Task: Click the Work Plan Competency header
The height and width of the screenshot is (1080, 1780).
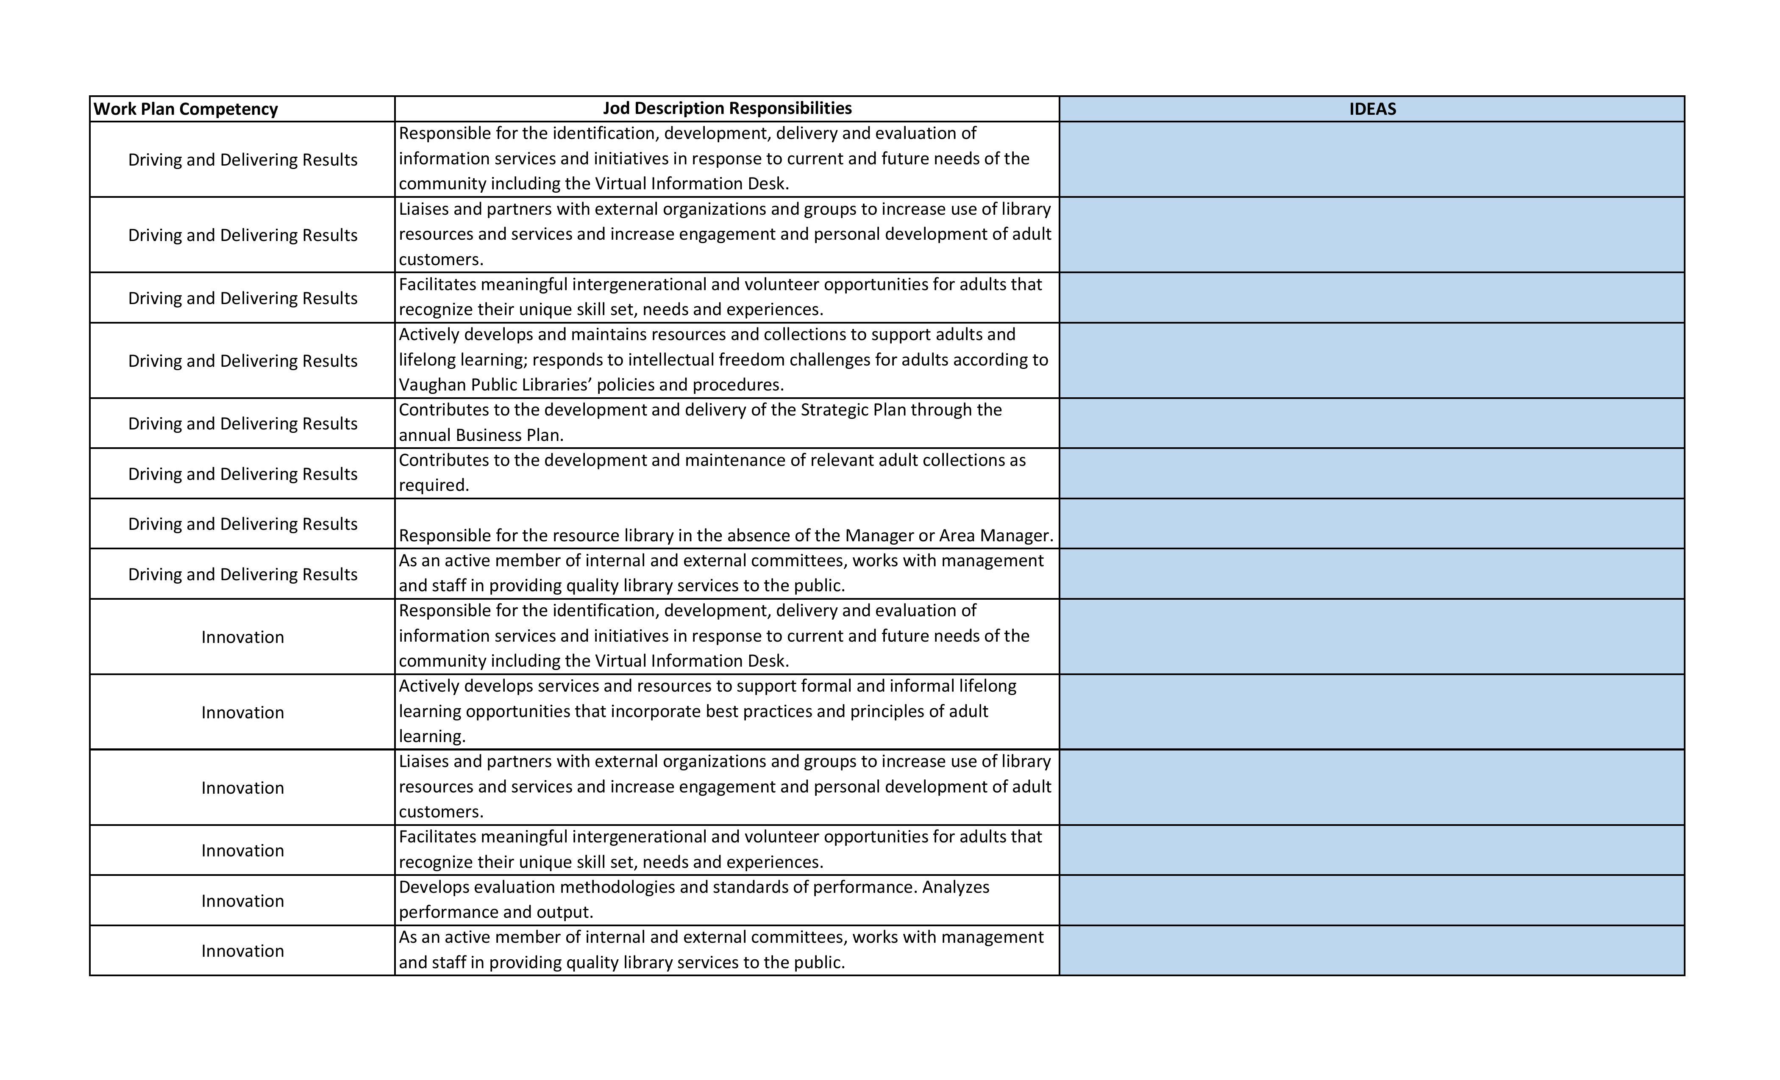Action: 186,109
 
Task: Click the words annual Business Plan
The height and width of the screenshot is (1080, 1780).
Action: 481,435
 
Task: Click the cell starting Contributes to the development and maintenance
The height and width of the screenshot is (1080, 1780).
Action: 726,473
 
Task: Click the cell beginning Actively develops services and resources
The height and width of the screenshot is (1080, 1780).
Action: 726,711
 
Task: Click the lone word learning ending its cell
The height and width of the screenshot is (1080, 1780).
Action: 431,737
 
